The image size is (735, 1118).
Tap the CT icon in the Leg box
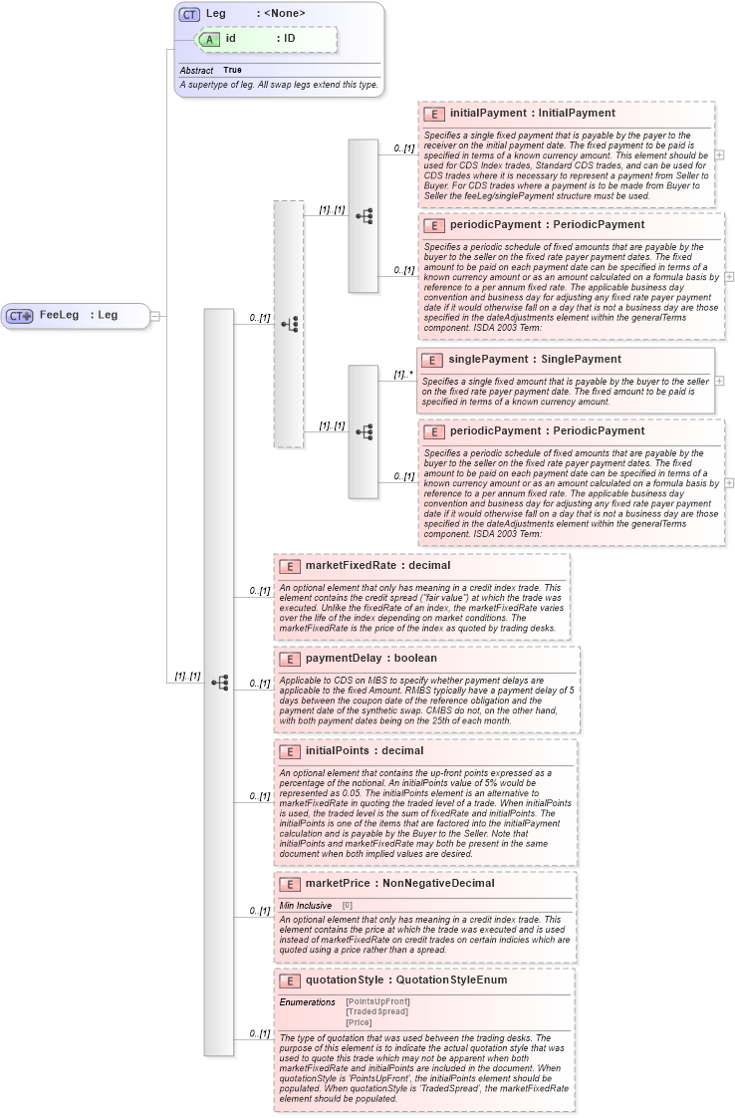click(189, 14)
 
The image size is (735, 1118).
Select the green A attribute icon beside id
click(208, 39)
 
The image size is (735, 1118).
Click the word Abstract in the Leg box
click(196, 71)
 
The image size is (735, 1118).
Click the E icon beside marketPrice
click(289, 884)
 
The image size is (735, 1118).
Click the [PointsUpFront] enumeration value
click(377, 1001)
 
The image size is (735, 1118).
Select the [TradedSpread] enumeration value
click(376, 1011)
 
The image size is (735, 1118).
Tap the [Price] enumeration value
click(360, 1022)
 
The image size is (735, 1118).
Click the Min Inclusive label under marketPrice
click(305, 906)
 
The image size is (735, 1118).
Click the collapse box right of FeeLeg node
click(155, 316)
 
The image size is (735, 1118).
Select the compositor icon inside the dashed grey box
click(289, 324)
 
